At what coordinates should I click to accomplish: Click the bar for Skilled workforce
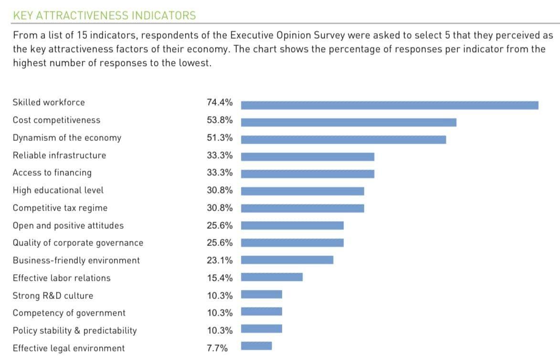[390, 105]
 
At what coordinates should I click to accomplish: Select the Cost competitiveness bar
[349, 122]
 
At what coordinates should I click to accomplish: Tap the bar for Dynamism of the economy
[343, 139]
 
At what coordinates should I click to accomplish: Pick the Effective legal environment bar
[256, 346]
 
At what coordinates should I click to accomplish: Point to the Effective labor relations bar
[272, 277]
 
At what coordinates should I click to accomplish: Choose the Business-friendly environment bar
[287, 260]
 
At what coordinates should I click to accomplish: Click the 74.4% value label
[220, 102]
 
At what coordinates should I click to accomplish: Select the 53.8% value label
[220, 120]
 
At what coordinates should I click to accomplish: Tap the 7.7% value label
[217, 348]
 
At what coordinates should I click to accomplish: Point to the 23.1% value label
[220, 260]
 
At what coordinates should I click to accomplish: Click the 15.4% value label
[220, 278]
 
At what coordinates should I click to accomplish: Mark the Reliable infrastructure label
[59, 155]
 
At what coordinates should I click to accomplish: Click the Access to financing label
[52, 172]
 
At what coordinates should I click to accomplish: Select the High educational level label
[58, 190]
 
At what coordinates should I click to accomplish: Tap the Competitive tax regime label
[60, 208]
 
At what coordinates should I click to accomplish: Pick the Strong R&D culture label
[53, 296]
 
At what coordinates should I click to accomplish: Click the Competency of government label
[69, 313]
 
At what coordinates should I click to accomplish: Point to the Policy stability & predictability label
[74, 330]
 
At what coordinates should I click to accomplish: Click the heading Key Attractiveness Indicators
[104, 15]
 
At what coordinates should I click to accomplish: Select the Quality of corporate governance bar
[292, 243]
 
